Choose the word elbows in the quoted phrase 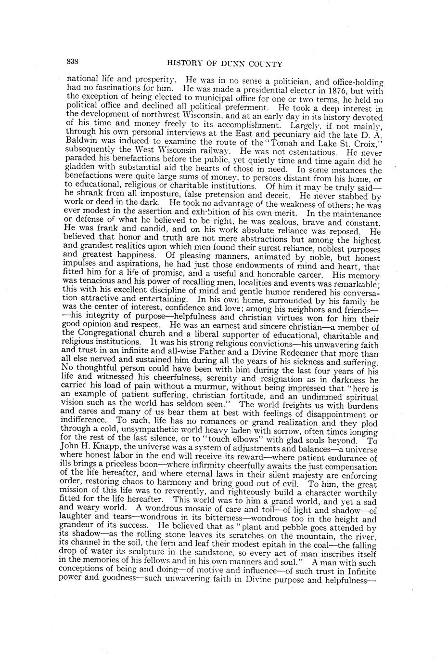point(234,440)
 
